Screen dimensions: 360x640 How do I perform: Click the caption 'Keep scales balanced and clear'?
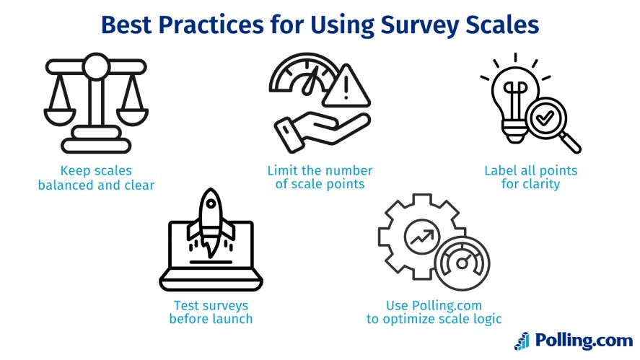(96, 178)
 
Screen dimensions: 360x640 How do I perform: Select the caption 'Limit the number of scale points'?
(320, 178)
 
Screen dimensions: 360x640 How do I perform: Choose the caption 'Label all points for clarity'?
(531, 178)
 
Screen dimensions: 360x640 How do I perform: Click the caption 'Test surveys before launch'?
(211, 312)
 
